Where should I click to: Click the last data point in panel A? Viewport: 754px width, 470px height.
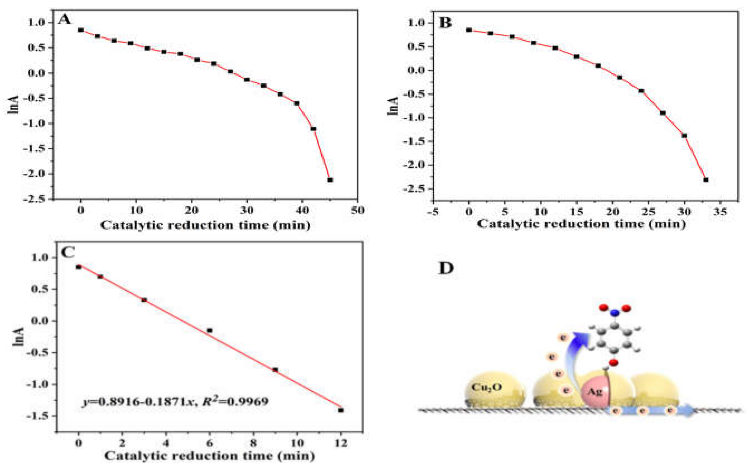(x=330, y=180)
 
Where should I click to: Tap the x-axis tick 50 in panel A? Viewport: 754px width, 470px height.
(x=357, y=210)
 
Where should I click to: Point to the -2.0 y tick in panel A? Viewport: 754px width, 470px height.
(x=37, y=173)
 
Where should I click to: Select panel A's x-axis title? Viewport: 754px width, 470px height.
(x=205, y=225)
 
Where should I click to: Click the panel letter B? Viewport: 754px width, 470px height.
(x=445, y=23)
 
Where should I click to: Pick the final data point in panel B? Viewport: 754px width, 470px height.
(x=706, y=180)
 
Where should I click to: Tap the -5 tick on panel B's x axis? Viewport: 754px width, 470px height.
(x=433, y=212)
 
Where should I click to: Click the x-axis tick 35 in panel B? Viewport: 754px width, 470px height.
(x=720, y=212)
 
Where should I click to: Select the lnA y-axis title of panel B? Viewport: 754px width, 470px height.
(x=392, y=106)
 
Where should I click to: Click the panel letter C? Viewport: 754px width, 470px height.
(x=68, y=252)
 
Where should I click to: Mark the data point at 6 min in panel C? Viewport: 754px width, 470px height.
(x=210, y=330)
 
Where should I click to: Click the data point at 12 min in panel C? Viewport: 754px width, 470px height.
(x=341, y=410)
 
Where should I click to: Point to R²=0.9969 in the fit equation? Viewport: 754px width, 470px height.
(x=235, y=401)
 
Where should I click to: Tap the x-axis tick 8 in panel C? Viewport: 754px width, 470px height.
(x=253, y=443)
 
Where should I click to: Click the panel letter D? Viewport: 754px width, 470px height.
(x=446, y=268)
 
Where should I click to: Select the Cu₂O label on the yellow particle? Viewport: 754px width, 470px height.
(x=486, y=387)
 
